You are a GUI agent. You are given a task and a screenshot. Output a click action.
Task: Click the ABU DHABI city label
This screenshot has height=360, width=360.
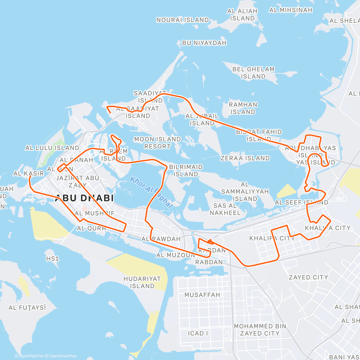[x=84, y=198]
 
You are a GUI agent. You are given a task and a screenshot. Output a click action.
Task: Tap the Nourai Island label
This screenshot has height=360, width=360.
[x=182, y=20]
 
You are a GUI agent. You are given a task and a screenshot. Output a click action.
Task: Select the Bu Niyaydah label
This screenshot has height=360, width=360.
[x=204, y=43]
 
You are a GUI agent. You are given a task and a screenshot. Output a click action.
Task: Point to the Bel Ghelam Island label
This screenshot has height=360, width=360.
[x=253, y=73]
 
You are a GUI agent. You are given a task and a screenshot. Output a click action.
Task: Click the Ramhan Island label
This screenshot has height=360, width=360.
[x=243, y=108]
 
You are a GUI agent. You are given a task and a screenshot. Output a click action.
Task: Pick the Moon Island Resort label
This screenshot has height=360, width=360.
[x=157, y=143]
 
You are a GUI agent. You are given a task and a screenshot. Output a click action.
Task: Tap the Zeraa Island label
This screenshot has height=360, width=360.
[x=245, y=158]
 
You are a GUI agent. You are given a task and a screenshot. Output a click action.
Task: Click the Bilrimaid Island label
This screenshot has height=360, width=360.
[x=186, y=170]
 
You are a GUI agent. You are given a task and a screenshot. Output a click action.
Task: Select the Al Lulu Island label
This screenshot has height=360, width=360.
[x=52, y=148]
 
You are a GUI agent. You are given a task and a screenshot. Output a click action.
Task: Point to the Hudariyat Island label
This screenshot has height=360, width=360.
[x=142, y=282]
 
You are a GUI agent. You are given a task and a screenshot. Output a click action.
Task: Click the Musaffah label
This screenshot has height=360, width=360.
[x=202, y=295]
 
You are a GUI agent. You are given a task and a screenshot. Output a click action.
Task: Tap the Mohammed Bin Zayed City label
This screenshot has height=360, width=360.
[x=260, y=330]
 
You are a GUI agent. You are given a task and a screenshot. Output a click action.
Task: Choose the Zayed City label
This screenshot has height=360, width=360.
[x=308, y=277]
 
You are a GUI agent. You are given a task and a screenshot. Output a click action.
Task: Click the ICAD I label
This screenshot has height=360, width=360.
[x=198, y=333]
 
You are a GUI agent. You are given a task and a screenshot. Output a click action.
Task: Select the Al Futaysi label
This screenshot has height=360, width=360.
[x=27, y=307]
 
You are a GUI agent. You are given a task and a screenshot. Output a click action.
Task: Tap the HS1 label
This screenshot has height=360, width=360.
[x=52, y=259]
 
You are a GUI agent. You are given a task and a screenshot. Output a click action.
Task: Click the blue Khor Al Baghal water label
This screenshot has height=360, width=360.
[x=151, y=192]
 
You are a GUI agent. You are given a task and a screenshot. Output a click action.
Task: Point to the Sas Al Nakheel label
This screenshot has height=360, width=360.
[x=225, y=209]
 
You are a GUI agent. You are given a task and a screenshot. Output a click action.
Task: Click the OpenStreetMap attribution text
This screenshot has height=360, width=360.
[x=63, y=356]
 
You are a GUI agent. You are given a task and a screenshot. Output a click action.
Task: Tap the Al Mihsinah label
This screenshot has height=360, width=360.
[x=290, y=10]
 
